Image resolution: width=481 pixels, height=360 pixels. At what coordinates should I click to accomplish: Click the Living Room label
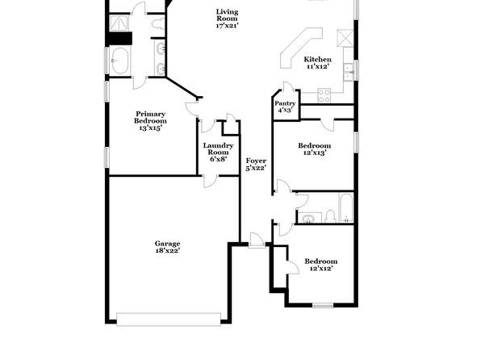pyautogui.click(x=227, y=19)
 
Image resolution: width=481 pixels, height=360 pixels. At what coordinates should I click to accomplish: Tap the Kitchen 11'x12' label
pyautogui.click(x=317, y=63)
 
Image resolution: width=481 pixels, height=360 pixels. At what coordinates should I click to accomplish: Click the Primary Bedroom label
pyautogui.click(x=150, y=121)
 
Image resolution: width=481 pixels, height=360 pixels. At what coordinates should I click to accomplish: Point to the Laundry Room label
pyautogui.click(x=218, y=153)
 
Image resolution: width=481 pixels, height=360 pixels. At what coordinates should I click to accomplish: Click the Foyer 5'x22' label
pyautogui.click(x=256, y=164)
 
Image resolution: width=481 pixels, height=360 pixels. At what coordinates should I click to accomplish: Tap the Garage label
pyautogui.click(x=167, y=247)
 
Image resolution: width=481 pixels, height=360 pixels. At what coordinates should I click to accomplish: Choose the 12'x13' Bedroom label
pyautogui.click(x=315, y=149)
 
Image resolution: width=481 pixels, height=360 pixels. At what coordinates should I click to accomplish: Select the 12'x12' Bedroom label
pyautogui.click(x=321, y=265)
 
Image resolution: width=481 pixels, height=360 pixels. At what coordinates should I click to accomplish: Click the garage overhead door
pyautogui.click(x=169, y=319)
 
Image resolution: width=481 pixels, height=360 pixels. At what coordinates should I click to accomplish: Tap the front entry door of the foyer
pyautogui.click(x=257, y=241)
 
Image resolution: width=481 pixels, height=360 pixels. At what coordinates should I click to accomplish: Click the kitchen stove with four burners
pyautogui.click(x=324, y=95)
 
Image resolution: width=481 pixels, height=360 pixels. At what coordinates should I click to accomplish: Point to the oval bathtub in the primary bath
pyautogui.click(x=119, y=61)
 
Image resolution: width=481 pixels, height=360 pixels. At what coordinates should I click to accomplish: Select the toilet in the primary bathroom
pyautogui.click(x=158, y=24)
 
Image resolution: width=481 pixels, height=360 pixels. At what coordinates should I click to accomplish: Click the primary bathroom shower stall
pyautogui.click(x=119, y=23)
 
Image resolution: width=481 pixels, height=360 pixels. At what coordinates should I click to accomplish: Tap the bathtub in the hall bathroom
pyautogui.click(x=346, y=207)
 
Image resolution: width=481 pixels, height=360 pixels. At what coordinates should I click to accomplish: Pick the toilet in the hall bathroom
pyautogui.click(x=330, y=216)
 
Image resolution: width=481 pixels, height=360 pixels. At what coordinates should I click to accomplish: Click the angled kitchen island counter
pyautogui.click(x=300, y=47)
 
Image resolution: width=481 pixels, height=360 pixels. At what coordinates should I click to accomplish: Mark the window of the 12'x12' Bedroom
pyautogui.click(x=323, y=305)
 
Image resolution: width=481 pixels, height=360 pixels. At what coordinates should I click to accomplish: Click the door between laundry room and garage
pyautogui.click(x=210, y=181)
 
